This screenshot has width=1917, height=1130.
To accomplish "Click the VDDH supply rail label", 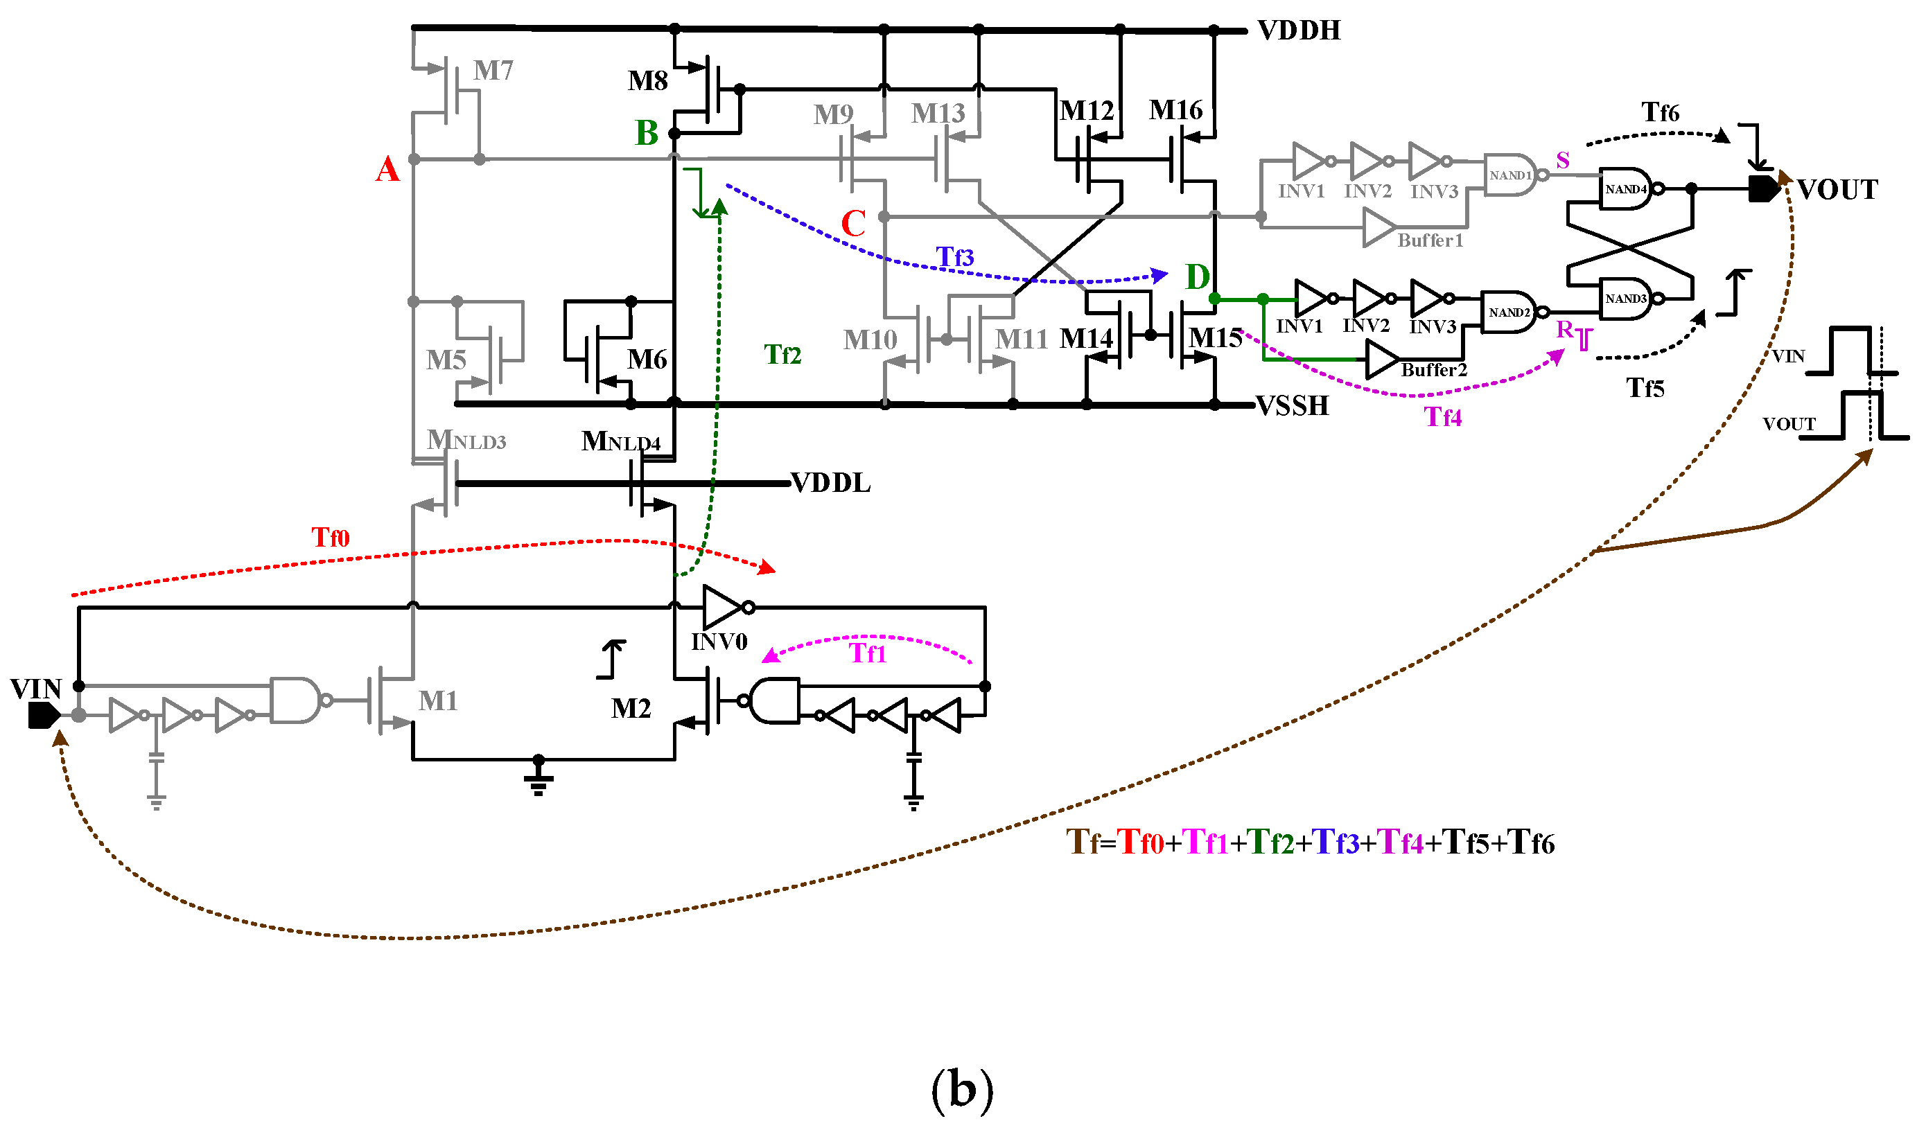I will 1298,30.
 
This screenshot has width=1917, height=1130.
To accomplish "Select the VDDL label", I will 830,483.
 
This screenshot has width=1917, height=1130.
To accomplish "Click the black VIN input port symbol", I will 44,716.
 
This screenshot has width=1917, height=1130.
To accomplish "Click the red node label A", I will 387,169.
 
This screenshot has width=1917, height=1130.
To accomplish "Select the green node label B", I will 646,133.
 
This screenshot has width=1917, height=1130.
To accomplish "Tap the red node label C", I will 853,223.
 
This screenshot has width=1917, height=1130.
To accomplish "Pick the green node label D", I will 1198,277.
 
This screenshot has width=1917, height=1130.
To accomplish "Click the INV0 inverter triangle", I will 721,607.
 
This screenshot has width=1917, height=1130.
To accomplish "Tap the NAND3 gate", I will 1625,299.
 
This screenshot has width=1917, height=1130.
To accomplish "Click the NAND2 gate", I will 1508,312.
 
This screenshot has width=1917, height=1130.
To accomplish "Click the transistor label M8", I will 647,80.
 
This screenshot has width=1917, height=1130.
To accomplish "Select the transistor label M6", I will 647,360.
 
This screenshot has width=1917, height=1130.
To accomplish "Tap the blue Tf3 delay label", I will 954,257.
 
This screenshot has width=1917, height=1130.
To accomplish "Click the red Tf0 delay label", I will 330,538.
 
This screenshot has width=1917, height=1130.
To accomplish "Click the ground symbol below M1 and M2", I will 538,777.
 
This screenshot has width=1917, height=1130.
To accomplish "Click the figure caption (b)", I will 962,1090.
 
